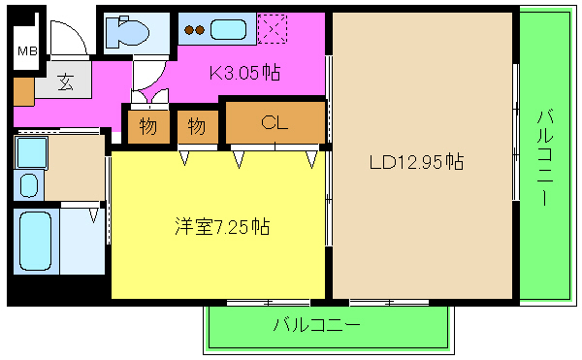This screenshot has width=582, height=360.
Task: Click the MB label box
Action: click(x=27, y=50)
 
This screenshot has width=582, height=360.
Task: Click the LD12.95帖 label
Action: click(x=415, y=162)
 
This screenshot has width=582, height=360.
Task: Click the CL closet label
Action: click(x=275, y=122)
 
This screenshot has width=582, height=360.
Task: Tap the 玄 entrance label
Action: click(x=65, y=82)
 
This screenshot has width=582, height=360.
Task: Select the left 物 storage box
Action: click(x=147, y=125)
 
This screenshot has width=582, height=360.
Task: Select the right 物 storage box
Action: click(x=197, y=125)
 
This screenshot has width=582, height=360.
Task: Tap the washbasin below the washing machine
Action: click(x=28, y=183)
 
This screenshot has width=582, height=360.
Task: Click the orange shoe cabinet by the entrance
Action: click(x=23, y=89)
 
